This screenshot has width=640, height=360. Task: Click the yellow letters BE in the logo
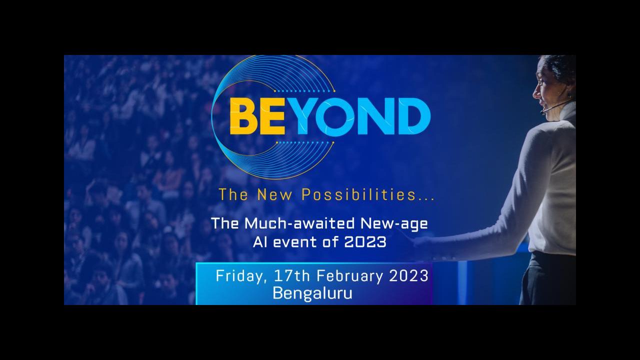pyautogui.click(x=257, y=116)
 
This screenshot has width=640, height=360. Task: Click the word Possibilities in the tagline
pyautogui.click(x=359, y=194)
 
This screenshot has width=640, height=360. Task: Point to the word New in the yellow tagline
pyautogui.click(x=275, y=195)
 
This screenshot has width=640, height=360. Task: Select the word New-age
pyautogui.click(x=394, y=223)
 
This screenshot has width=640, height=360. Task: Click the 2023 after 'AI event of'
pyautogui.click(x=365, y=242)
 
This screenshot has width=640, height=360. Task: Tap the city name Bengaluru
pyautogui.click(x=312, y=293)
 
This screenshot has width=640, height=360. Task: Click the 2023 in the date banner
pyautogui.click(x=408, y=276)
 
